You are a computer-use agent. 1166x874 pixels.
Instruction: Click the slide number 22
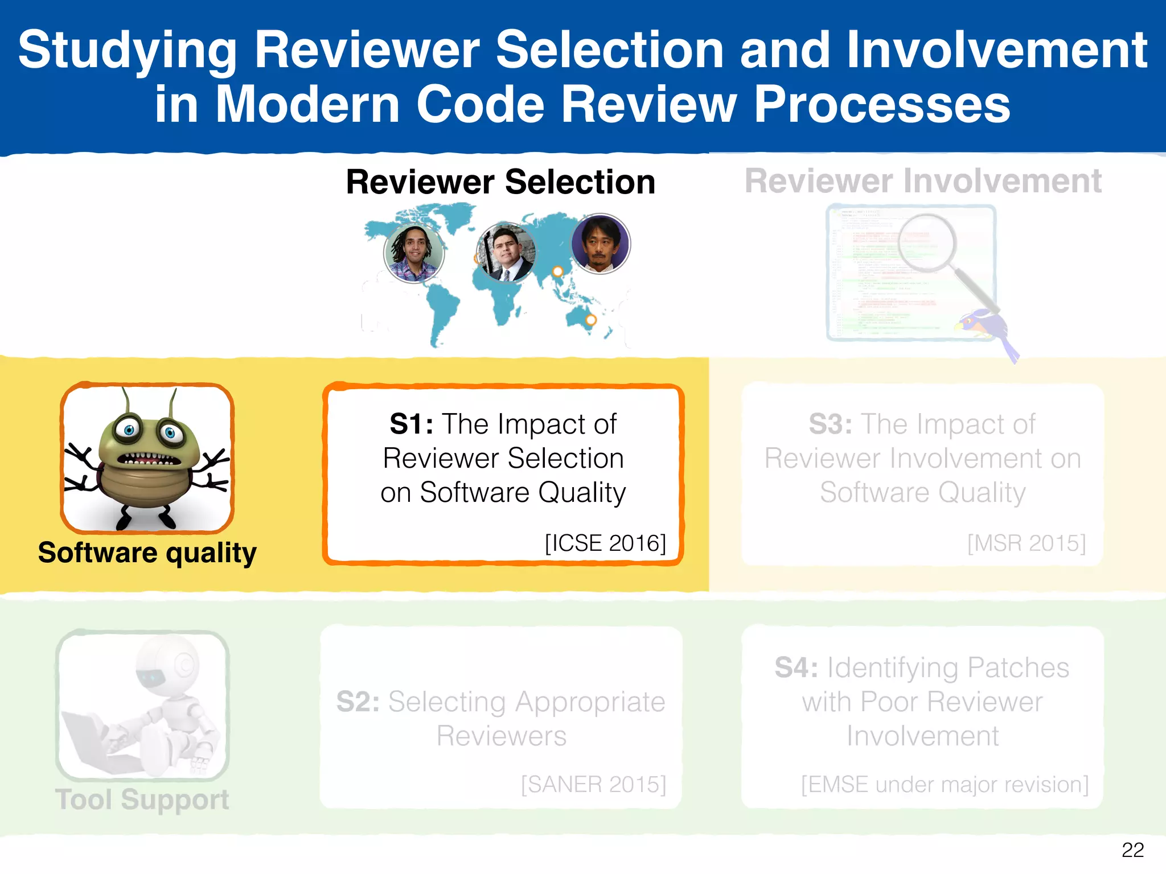1132,850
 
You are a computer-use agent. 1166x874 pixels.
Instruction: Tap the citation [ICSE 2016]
605,543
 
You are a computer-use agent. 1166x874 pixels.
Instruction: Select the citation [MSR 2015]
1026,543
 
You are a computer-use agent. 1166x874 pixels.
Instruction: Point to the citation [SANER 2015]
593,784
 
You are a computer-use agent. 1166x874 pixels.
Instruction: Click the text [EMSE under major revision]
945,784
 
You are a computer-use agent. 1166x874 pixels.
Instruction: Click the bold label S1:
411,424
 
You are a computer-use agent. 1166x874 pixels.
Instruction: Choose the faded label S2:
358,702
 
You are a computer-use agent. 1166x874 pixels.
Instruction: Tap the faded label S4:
796,667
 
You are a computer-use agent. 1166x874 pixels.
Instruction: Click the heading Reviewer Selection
500,182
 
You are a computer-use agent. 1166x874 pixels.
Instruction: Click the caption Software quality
147,553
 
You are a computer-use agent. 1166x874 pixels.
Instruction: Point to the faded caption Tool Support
142,799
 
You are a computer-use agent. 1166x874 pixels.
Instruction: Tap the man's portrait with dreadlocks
413,253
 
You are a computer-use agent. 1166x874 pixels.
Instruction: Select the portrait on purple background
600,244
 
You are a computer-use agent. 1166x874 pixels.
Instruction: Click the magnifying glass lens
926,242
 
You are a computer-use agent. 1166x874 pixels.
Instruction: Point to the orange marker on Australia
591,320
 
